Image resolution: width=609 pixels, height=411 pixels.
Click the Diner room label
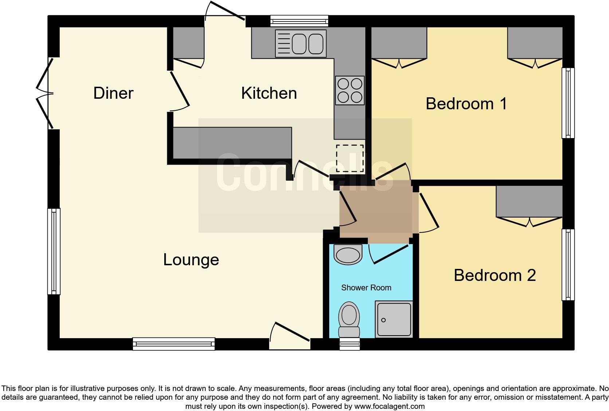(x=113, y=93)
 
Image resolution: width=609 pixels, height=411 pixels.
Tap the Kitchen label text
(x=269, y=93)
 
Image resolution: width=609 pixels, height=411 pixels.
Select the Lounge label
(x=191, y=260)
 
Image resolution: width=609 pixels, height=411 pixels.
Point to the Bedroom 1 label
(x=466, y=104)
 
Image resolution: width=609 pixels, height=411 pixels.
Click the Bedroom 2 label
(x=495, y=275)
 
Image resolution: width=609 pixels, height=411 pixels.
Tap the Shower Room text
(x=366, y=288)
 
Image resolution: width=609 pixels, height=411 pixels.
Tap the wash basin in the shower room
(x=348, y=254)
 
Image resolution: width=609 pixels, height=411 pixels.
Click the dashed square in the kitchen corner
(x=350, y=158)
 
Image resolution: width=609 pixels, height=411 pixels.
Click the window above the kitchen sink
(x=299, y=21)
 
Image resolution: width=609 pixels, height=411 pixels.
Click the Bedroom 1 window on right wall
(x=568, y=103)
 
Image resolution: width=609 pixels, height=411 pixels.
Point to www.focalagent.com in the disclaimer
(x=389, y=406)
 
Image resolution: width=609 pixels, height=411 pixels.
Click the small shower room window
(x=350, y=344)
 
